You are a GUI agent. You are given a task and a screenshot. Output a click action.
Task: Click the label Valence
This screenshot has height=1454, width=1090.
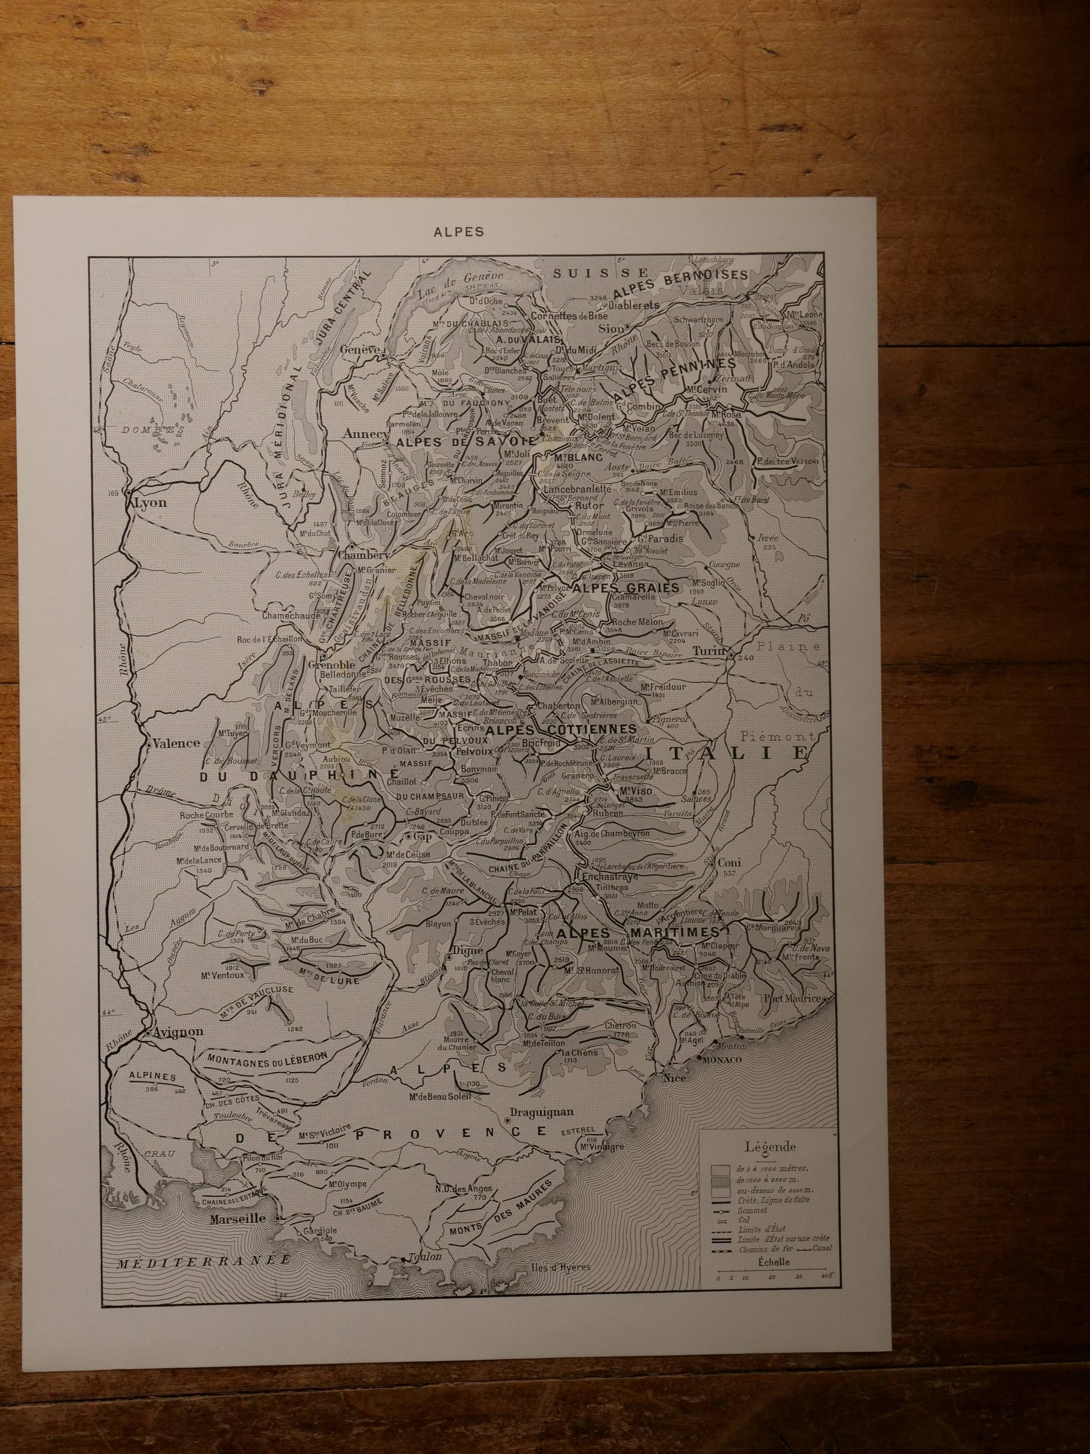(x=176, y=743)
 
